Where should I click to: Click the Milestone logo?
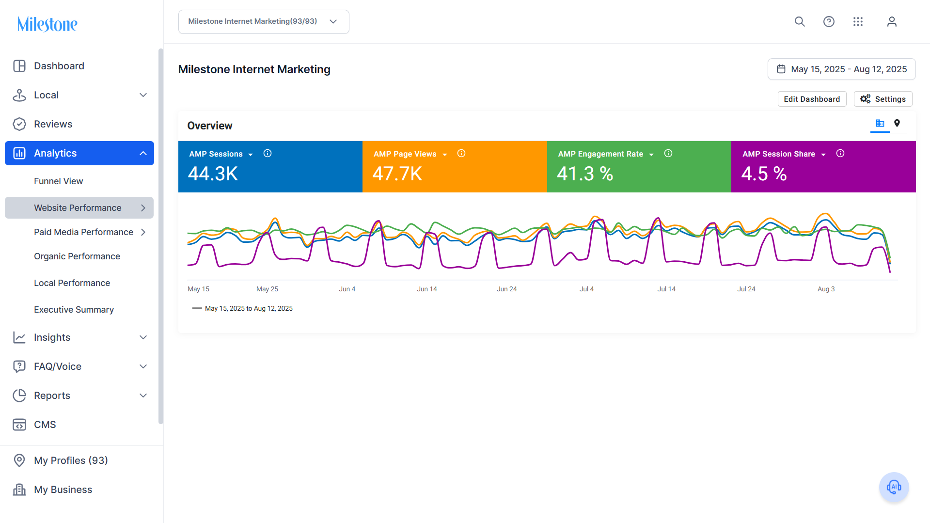pyautogui.click(x=47, y=24)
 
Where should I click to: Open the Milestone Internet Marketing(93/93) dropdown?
pyautogui.click(x=264, y=22)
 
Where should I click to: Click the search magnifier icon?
pyautogui.click(x=800, y=22)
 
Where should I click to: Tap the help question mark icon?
pyautogui.click(x=829, y=22)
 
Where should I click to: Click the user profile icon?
pyautogui.click(x=892, y=22)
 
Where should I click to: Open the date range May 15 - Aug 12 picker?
pyautogui.click(x=842, y=69)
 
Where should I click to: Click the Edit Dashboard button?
pyautogui.click(x=812, y=99)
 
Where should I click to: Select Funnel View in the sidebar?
pyautogui.click(x=59, y=181)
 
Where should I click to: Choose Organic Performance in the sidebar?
pyautogui.click(x=77, y=256)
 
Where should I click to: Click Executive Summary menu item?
pyautogui.click(x=74, y=310)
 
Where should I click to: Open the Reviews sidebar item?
pyautogui.click(x=53, y=124)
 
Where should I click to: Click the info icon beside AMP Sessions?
pyautogui.click(x=268, y=154)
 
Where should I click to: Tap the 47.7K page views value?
pyautogui.click(x=397, y=174)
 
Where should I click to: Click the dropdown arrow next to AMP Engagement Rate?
pyautogui.click(x=651, y=155)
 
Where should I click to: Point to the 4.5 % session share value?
pyautogui.click(x=764, y=174)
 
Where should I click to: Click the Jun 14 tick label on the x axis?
pyautogui.click(x=427, y=289)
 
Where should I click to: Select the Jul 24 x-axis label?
pyautogui.click(x=746, y=289)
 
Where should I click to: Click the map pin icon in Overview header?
pyautogui.click(x=897, y=123)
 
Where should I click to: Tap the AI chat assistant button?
pyautogui.click(x=894, y=487)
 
